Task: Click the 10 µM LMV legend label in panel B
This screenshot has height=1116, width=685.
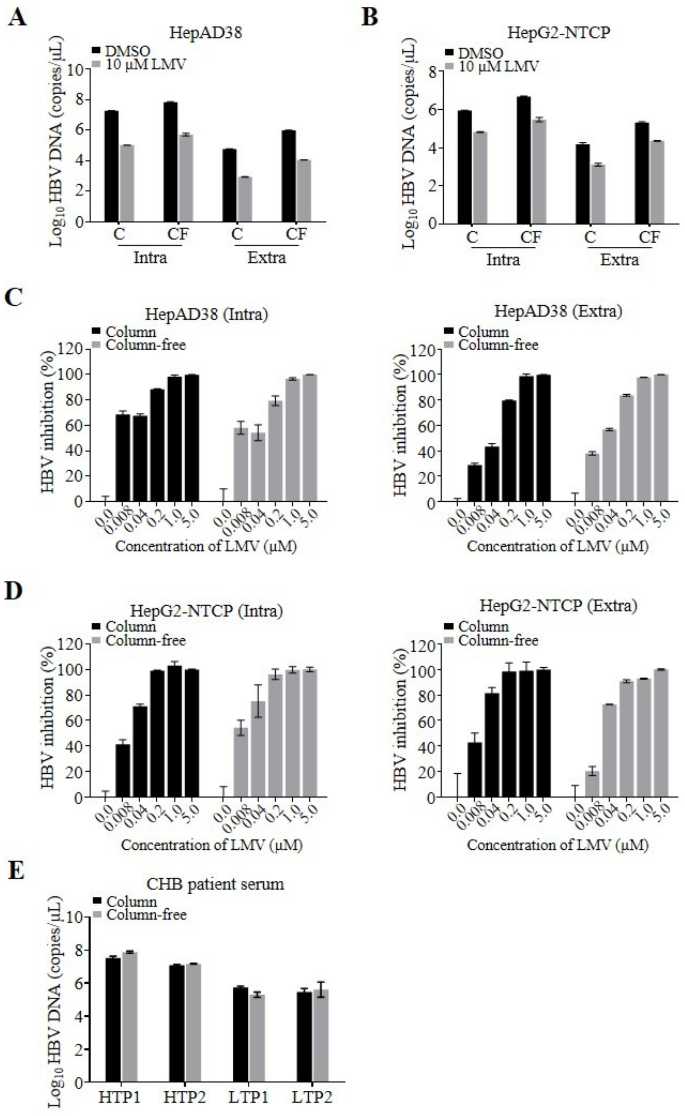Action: [x=498, y=67]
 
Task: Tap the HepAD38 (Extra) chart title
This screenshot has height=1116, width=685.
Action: [x=558, y=311]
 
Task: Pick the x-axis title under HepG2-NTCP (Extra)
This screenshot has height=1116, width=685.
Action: [x=558, y=845]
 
